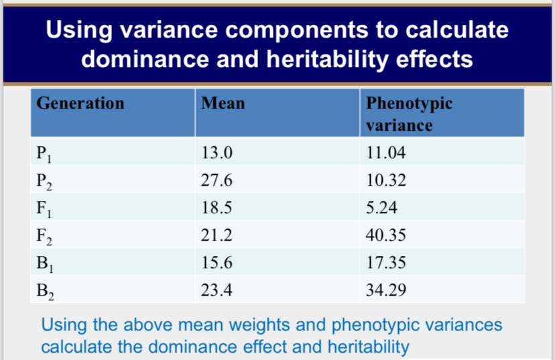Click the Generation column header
tap(80, 103)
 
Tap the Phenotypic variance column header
tap(409, 114)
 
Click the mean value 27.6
tap(216, 181)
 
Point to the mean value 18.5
tap(216, 208)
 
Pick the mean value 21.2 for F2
tap(216, 235)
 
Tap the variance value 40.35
tap(385, 235)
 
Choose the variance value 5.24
tap(381, 208)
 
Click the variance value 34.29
tap(385, 290)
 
